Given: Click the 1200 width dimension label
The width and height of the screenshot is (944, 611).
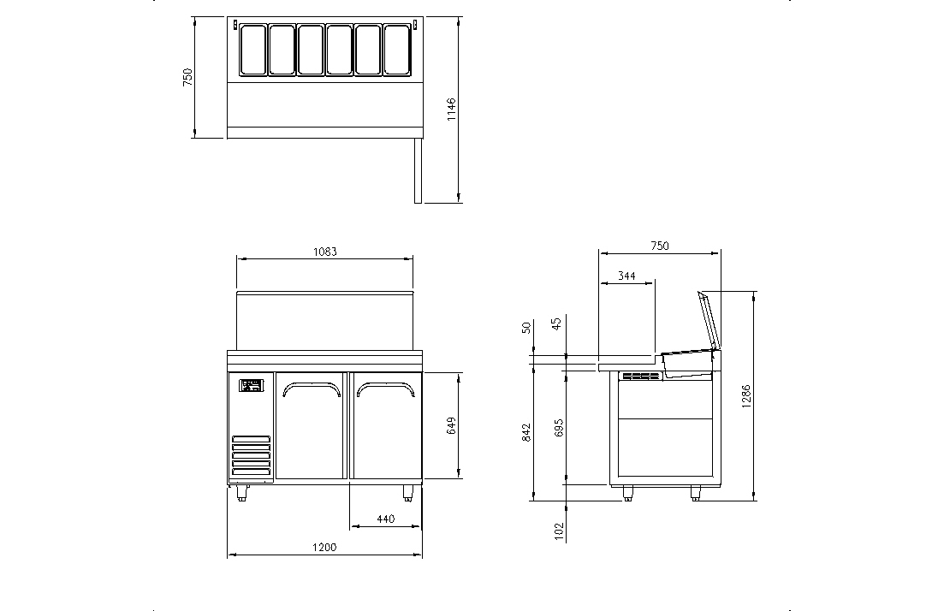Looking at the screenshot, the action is (x=324, y=547).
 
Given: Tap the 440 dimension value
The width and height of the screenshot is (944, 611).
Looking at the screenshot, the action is (x=385, y=519).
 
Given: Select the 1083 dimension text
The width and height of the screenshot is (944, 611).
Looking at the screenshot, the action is (x=324, y=252).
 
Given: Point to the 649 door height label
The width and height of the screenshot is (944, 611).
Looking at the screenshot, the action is (x=451, y=425).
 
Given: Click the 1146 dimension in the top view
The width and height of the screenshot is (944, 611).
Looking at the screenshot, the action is (x=452, y=110).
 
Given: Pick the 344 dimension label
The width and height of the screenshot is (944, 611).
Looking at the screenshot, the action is (x=626, y=276).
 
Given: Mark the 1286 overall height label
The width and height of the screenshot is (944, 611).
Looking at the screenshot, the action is (x=746, y=397).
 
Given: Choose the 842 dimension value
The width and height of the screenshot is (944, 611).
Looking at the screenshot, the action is (x=526, y=432).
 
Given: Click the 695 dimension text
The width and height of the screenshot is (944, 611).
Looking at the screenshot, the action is (x=559, y=428).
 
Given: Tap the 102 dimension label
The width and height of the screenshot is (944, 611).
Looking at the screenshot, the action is (x=559, y=531).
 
